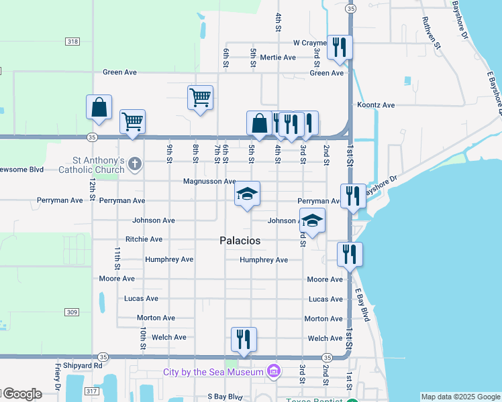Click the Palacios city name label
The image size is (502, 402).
point(240,240)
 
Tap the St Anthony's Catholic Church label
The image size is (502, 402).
point(99,165)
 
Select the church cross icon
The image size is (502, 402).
point(134,163)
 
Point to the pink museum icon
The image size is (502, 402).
point(273,371)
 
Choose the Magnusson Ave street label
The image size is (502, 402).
point(209,182)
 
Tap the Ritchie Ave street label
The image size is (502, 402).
point(144,239)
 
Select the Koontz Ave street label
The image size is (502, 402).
point(376,105)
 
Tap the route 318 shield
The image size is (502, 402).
point(72,42)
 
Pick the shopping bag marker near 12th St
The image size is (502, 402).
point(99,107)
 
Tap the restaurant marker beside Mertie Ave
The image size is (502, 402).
point(339,47)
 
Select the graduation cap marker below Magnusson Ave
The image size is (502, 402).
point(247,194)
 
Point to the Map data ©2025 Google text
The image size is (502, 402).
point(461,397)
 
